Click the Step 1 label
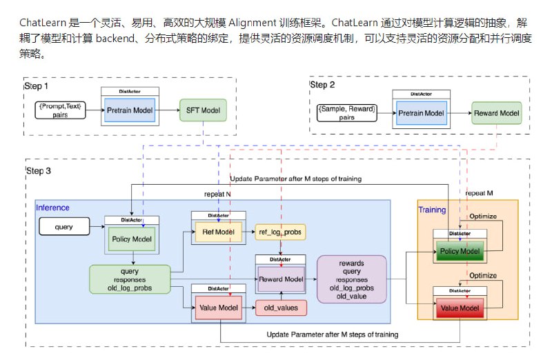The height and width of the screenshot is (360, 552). [37, 86]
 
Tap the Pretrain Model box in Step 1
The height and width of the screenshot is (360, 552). [130, 110]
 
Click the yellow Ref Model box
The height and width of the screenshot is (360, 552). [217, 233]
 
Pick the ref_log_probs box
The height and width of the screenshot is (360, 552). [282, 233]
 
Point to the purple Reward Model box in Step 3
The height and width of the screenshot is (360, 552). [282, 279]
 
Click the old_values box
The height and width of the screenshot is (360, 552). [282, 308]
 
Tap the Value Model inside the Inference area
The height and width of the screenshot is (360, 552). [217, 308]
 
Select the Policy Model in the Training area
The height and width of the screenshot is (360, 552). [460, 252]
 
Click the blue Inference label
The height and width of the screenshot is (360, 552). [52, 207]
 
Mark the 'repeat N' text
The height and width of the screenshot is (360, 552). [218, 195]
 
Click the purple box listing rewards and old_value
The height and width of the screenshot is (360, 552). [352, 279]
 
